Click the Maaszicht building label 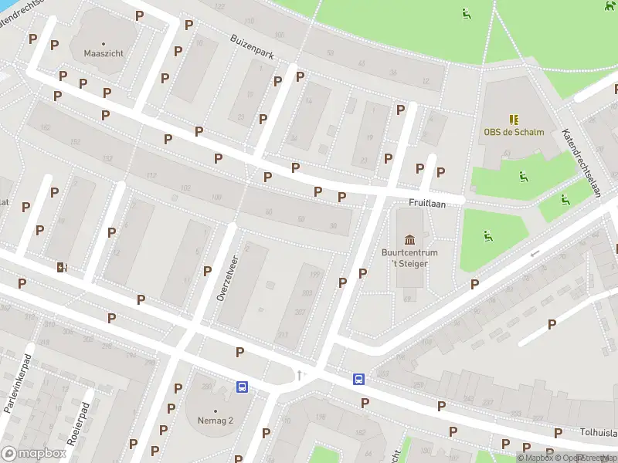(x=104, y=54)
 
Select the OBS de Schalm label (x=514, y=132)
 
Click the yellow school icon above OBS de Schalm (x=514, y=119)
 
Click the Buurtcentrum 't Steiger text (x=409, y=259)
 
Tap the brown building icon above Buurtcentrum (x=409, y=237)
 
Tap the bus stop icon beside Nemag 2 (x=242, y=387)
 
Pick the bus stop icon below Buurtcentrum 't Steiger (x=359, y=379)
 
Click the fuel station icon (x=61, y=268)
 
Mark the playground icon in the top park (x=466, y=13)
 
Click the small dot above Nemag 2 (x=215, y=411)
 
